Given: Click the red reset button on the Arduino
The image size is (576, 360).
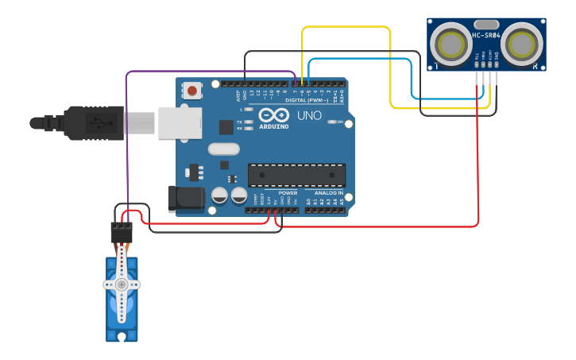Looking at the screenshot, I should tap(192, 90).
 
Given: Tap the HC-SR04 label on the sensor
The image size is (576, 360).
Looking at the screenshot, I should tap(487, 35).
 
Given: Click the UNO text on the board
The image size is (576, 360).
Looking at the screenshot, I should tap(309, 116).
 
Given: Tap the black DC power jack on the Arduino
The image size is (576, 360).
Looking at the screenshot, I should tap(182, 199).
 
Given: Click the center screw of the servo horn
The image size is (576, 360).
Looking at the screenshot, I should tap(121, 284).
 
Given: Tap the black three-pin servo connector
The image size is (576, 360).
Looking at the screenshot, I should tap(121, 232).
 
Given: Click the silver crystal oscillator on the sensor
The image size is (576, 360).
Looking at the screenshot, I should tap(487, 25).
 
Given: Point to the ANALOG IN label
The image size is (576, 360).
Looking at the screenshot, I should tap(328, 193).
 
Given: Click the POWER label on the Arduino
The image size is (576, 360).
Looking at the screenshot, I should tap(288, 193).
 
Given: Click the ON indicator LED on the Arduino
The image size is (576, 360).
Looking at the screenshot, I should tap(331, 122).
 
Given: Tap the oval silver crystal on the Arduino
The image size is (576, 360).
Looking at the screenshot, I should tap(223, 149).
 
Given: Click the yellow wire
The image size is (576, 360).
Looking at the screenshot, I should tap(346, 28).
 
